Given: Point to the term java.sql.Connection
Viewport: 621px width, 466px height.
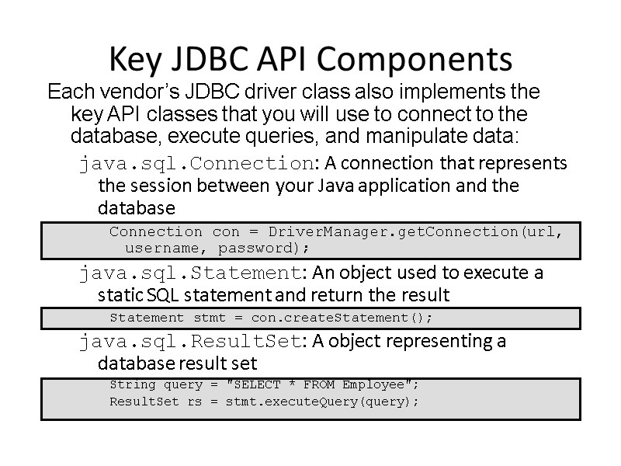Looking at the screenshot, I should point(195,164).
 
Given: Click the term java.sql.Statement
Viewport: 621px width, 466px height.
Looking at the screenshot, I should point(189,273).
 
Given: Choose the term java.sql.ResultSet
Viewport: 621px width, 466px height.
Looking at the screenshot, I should point(189,341).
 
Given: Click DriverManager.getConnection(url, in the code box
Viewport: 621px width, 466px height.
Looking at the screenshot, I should point(415,231).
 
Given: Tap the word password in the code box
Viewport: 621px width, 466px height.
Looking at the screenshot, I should point(263,249).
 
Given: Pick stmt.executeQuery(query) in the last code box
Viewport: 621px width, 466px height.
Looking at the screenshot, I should point(321,402).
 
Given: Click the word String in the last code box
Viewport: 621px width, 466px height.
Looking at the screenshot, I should point(133,385).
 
